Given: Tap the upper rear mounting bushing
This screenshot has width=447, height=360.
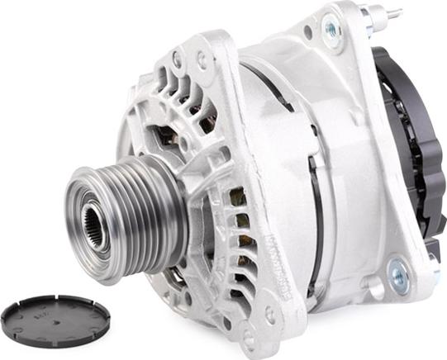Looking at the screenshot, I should (x=333, y=28).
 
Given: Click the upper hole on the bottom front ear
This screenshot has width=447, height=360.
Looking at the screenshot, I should (x=269, y=315).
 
